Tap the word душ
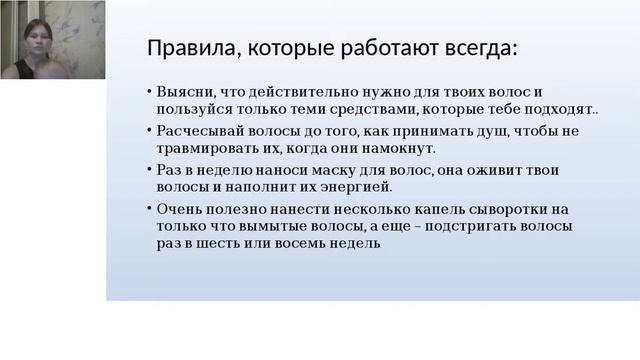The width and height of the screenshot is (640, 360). tap(452, 131)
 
